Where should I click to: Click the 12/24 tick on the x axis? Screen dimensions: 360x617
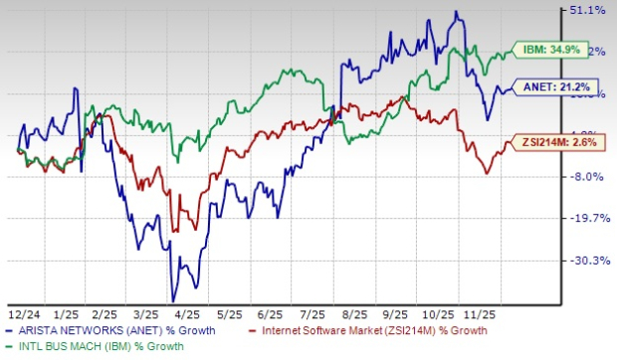click(x=20, y=311)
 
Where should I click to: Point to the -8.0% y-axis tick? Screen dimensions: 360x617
click(x=587, y=177)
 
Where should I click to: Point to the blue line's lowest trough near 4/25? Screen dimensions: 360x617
click(x=173, y=300)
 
